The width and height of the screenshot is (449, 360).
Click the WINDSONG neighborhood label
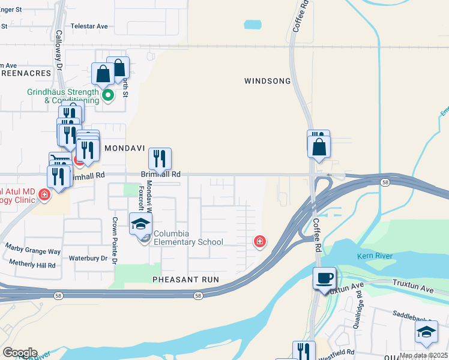pos(267,81)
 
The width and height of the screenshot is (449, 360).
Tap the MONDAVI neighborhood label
pos(125,147)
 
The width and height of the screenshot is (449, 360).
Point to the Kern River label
pos(375,256)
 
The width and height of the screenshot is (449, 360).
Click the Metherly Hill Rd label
pos(33,264)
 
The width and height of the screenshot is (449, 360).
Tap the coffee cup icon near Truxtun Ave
pos(325,278)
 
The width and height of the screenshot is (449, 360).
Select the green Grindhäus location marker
pos(108,95)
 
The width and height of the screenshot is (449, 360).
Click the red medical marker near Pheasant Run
pos(260,241)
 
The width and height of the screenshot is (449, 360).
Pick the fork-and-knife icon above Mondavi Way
pos(160,158)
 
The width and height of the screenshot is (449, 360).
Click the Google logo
pos(19,353)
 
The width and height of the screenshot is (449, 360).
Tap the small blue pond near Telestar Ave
pos(253,25)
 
